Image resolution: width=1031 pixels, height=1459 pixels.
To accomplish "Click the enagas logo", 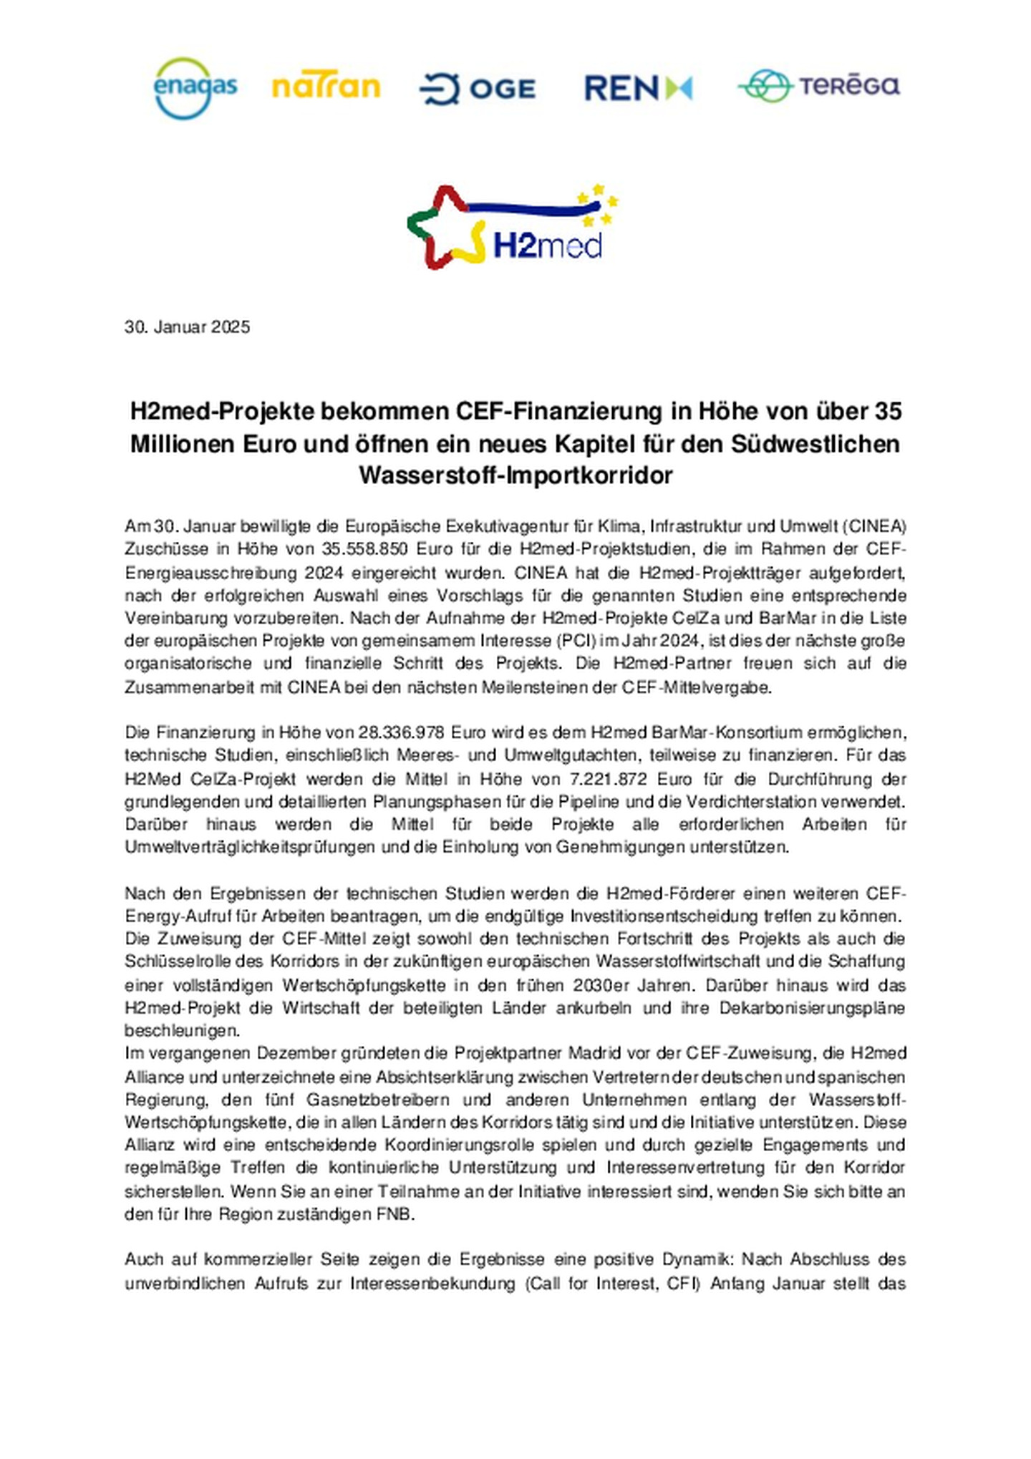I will pyautogui.click(x=195, y=88).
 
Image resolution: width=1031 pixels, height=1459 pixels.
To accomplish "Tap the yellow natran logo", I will pyautogui.click(x=326, y=87).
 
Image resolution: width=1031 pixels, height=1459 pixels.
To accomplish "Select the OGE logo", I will pyautogui.click(x=478, y=89).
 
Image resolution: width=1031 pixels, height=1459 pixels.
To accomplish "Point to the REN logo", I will pyautogui.click(x=638, y=88).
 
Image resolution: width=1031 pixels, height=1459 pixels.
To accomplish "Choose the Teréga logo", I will pyautogui.click(x=818, y=87).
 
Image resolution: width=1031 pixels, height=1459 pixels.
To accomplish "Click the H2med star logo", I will pyautogui.click(x=512, y=227).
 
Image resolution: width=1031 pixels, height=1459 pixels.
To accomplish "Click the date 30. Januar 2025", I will pyautogui.click(x=188, y=327).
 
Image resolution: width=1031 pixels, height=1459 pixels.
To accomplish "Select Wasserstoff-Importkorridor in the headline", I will pyautogui.click(x=515, y=475).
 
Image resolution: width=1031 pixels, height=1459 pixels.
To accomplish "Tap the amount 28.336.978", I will pyautogui.click(x=402, y=732).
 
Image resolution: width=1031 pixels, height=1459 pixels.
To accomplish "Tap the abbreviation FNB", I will pyautogui.click(x=395, y=1214).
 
